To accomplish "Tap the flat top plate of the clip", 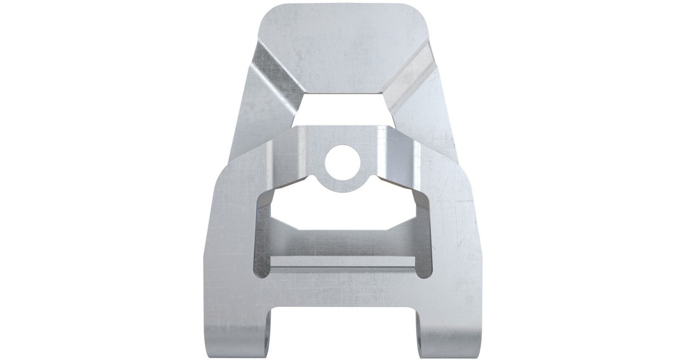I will pyautogui.click(x=343, y=46).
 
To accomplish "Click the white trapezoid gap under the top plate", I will pyautogui.click(x=342, y=109).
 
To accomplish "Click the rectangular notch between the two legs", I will pyautogui.click(x=343, y=331).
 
